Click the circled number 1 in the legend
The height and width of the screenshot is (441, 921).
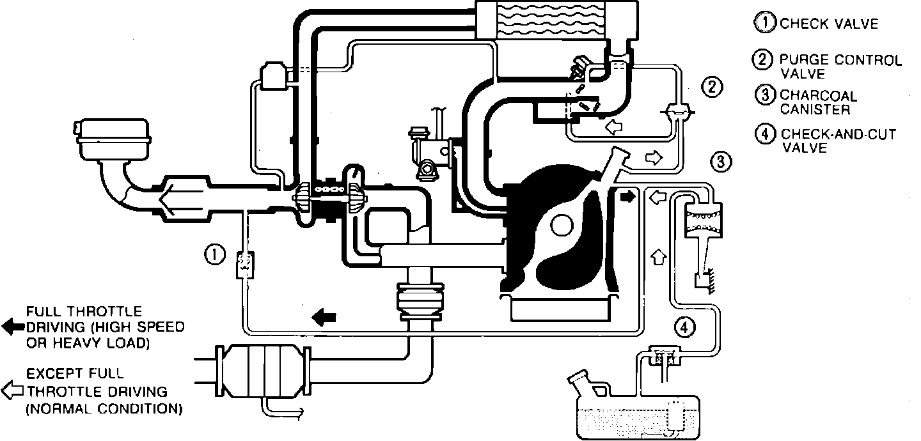click(x=764, y=23)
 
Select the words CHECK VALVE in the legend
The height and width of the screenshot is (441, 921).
click(x=829, y=24)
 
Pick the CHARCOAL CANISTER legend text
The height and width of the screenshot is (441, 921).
click(x=818, y=102)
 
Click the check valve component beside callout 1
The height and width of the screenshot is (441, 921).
click(x=244, y=264)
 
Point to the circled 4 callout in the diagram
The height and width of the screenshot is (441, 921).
click(x=684, y=327)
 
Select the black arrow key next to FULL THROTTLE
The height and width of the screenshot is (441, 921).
click(x=12, y=327)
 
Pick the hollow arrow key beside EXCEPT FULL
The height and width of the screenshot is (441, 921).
click(x=12, y=389)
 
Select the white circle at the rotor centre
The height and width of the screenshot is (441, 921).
click(x=562, y=224)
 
